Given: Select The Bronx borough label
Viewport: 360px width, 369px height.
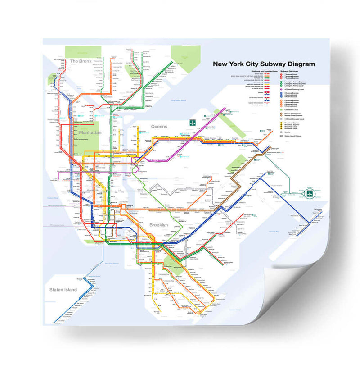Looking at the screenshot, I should click(81, 60).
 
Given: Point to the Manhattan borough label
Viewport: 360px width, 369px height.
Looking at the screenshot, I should click(90, 133).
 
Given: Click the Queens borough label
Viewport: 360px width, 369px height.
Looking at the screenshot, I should click(159, 127).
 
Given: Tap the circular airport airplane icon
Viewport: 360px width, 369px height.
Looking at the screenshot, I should click(310, 193).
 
